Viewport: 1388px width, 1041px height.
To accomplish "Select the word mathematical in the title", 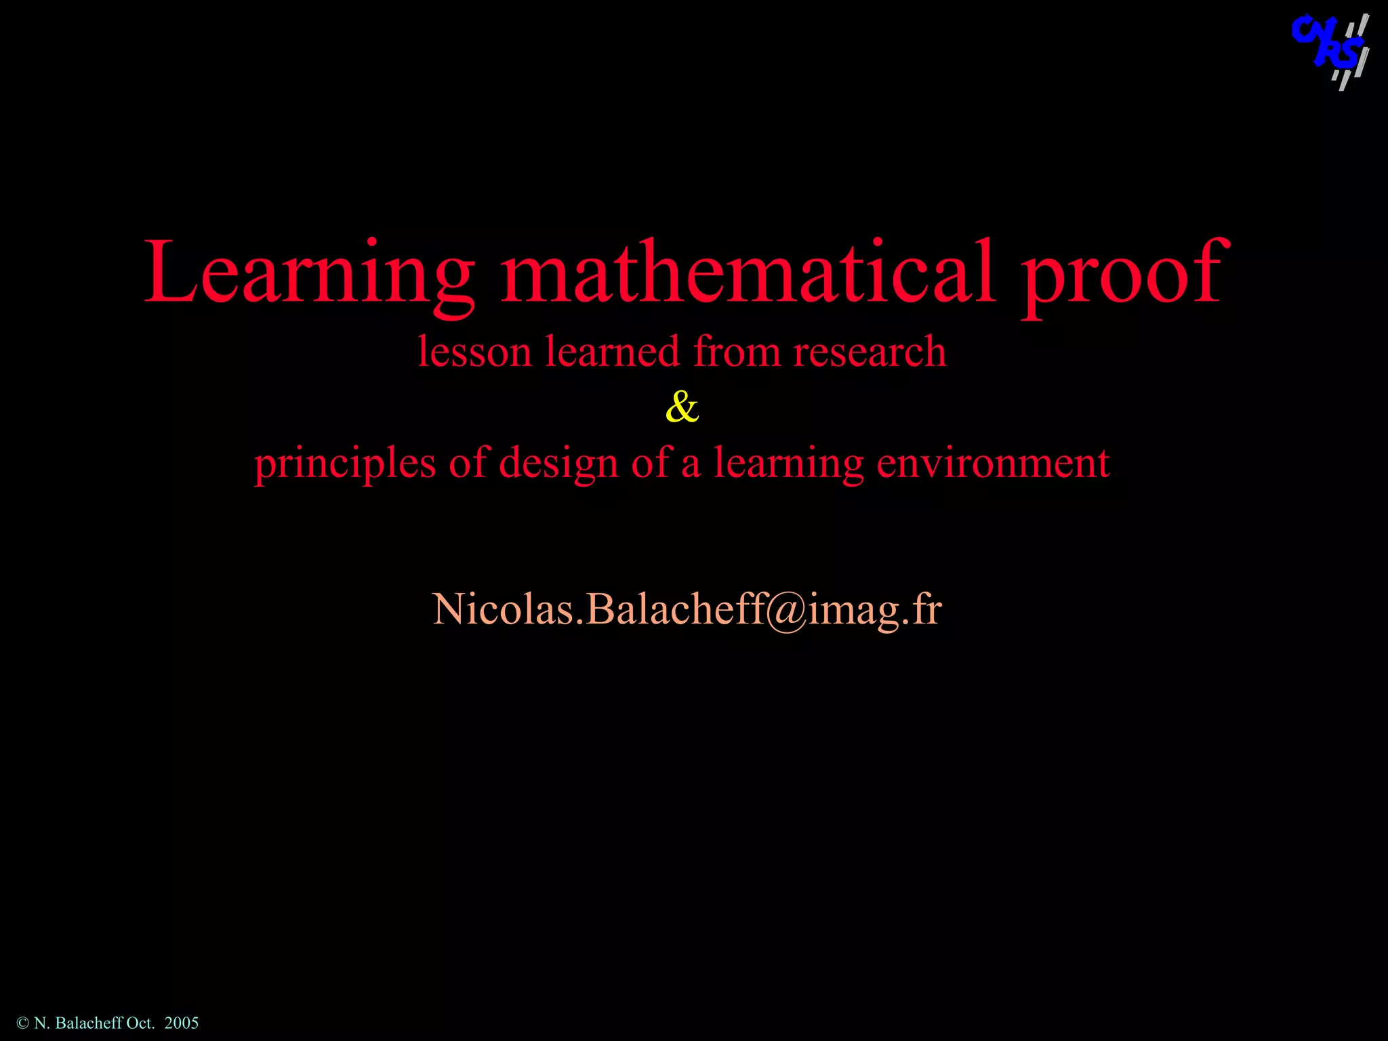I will (x=748, y=271).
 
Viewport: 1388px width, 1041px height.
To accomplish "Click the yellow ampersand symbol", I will (x=682, y=407).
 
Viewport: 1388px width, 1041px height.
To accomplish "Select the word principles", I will (x=345, y=464).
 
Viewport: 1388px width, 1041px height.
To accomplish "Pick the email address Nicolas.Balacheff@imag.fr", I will (x=687, y=608).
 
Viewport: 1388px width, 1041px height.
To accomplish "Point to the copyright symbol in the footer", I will (x=22, y=1023).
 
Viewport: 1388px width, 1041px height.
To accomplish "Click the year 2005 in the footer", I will (x=182, y=1023).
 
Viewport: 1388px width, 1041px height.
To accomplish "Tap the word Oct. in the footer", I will (x=141, y=1023).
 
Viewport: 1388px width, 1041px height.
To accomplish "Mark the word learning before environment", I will (x=788, y=464).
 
